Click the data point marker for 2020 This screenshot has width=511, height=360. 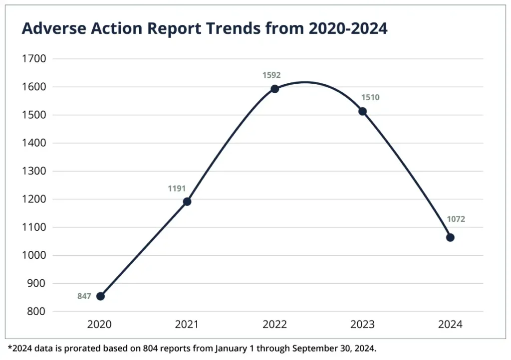100,296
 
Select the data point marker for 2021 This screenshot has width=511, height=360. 187,201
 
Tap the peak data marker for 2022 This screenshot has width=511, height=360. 274,89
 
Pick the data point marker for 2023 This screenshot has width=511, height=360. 363,111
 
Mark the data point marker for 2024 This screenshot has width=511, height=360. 450,237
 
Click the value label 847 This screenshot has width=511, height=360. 84,296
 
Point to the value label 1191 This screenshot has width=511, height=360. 177,188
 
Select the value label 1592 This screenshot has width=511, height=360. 272,75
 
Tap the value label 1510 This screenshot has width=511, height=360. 370,98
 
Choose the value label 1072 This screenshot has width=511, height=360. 456,219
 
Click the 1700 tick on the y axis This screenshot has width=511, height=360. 34,59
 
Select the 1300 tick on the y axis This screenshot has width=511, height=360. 34,171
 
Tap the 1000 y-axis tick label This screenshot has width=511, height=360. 34,255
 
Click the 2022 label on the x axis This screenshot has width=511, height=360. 274,325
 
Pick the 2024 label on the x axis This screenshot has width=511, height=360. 450,325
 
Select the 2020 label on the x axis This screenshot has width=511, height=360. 99,325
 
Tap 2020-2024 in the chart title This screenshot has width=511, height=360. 348,29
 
